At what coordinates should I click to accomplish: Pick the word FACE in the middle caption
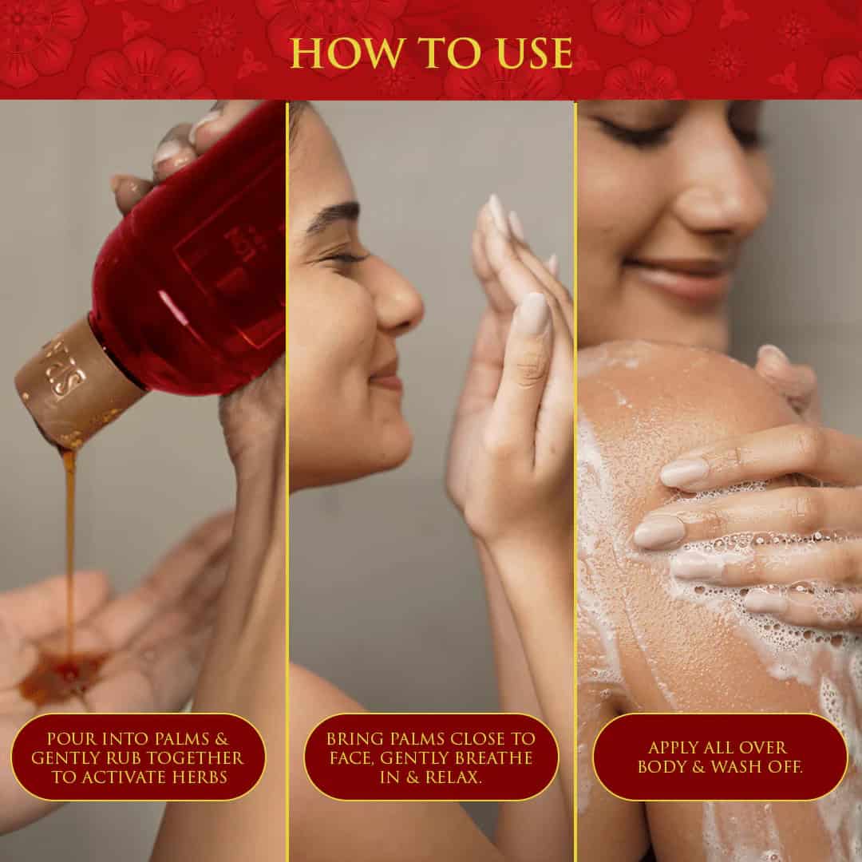pyautogui.click(x=346, y=757)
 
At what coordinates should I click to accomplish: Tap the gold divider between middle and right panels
pyautogui.click(x=575, y=479)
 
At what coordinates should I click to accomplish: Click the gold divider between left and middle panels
pyautogui.click(x=287, y=479)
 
